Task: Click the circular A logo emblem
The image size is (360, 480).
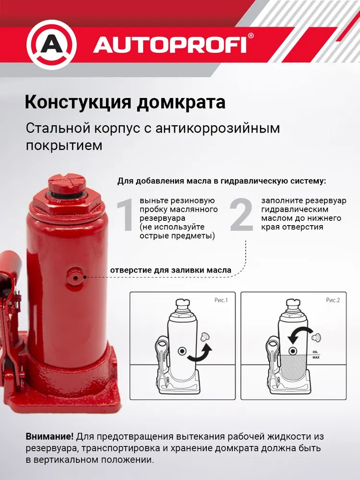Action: [x=51, y=45]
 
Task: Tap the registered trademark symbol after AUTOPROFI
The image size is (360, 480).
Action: [x=251, y=36]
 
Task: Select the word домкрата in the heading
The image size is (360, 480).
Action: [x=181, y=103]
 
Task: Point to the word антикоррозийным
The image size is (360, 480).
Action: [x=217, y=128]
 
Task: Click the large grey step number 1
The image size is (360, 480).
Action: [x=125, y=215]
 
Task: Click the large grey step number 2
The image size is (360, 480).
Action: [x=241, y=215]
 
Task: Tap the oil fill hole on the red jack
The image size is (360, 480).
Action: [x=75, y=277]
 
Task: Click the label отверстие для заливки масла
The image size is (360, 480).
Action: [x=170, y=270]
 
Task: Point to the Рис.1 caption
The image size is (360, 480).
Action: [x=221, y=300]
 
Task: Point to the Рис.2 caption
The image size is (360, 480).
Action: [x=333, y=300]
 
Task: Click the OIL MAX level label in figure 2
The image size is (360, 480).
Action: [x=316, y=355]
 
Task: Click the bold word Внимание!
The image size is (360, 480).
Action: [x=49, y=436]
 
